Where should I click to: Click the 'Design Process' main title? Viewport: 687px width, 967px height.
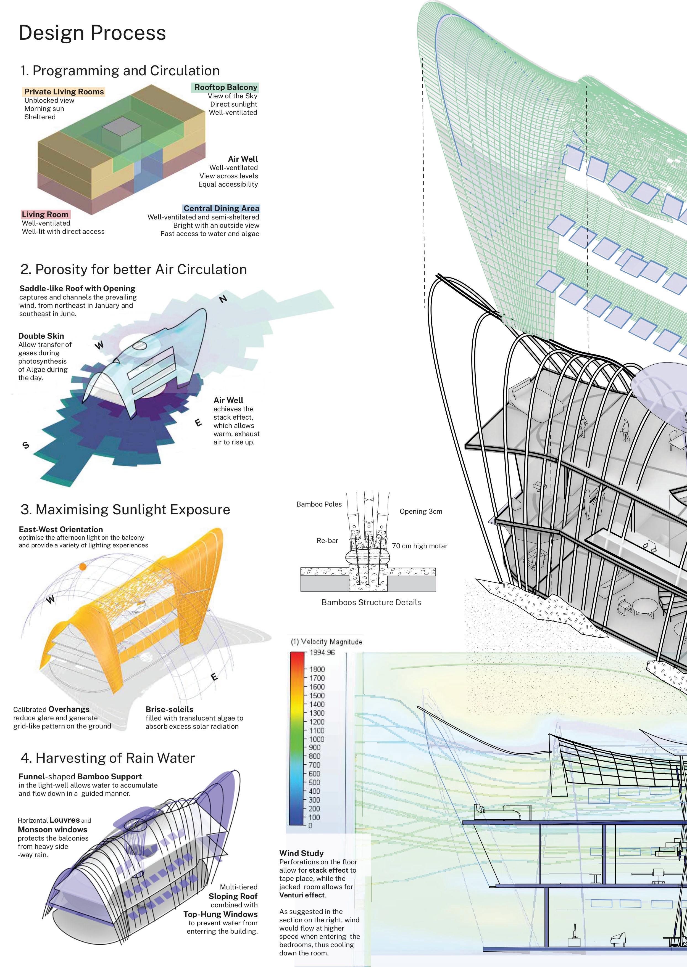(x=92, y=33)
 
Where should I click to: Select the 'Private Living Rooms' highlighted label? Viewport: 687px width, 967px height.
(x=64, y=92)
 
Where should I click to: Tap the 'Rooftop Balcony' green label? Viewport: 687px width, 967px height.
(x=225, y=88)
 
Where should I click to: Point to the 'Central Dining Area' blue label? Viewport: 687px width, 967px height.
(x=221, y=208)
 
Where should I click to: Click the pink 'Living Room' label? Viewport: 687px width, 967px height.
(x=45, y=214)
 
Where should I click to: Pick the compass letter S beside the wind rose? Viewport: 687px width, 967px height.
(x=26, y=445)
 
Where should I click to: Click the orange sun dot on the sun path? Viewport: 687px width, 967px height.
(x=83, y=566)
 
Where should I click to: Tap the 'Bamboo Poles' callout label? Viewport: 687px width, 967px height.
(x=319, y=504)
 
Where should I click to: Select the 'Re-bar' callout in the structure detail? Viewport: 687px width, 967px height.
(x=327, y=540)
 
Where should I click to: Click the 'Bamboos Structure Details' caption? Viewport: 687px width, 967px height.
(x=371, y=602)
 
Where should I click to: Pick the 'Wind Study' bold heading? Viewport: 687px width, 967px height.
(x=301, y=853)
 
